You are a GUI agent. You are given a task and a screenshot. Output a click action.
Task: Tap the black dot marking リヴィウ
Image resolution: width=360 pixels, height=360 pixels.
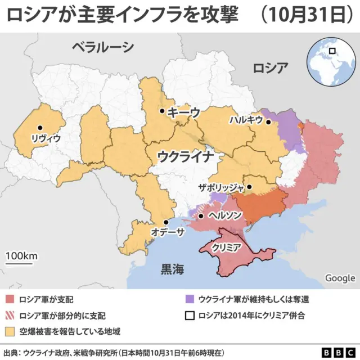click(40, 128)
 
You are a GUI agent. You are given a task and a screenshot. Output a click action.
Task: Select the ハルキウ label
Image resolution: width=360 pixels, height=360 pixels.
click(246, 120)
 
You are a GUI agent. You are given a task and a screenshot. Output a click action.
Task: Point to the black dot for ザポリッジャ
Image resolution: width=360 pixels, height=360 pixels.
click(250, 187)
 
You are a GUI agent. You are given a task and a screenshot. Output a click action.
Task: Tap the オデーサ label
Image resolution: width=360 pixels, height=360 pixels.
click(168, 232)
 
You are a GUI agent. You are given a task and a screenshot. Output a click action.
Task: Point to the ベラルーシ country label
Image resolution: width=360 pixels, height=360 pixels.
click(103, 47)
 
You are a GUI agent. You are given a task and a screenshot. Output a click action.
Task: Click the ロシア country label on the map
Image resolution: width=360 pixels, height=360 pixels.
click(271, 69)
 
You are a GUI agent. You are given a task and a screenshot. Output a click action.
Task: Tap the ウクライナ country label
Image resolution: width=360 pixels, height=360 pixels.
click(185, 155)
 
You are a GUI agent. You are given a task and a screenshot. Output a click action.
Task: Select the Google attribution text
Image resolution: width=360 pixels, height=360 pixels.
click(340, 278)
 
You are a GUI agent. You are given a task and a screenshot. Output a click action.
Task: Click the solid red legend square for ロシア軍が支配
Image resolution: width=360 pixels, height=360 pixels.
click(11, 299)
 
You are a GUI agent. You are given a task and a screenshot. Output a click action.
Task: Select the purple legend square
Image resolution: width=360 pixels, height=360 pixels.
click(190, 299)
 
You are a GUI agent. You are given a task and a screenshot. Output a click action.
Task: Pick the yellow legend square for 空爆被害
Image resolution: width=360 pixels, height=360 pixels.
click(11, 331)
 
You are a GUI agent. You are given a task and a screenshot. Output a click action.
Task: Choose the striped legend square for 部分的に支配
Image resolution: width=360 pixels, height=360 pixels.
click(11, 315)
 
